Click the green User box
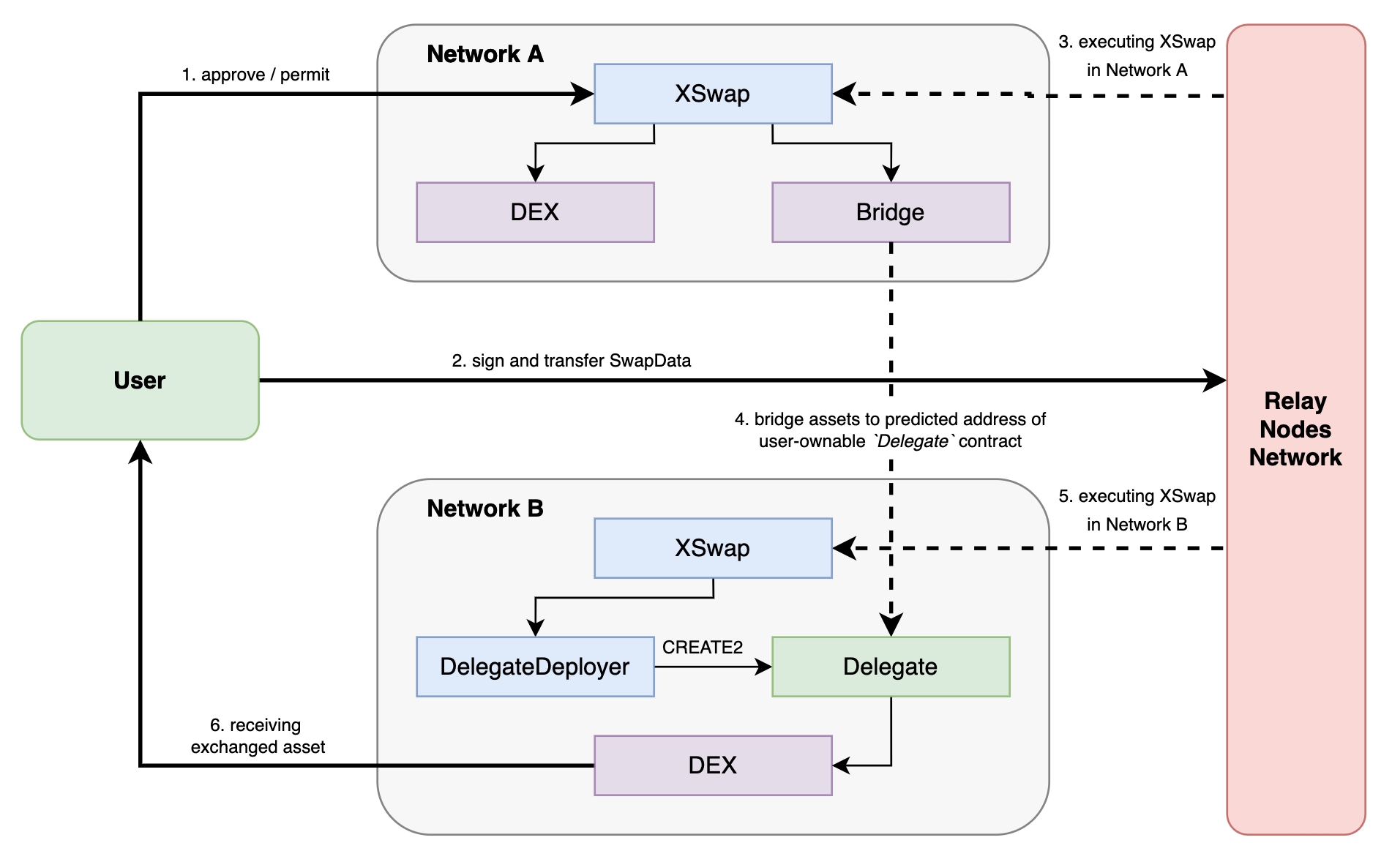coord(140,380)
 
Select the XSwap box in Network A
coord(712,94)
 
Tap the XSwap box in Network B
coord(712,548)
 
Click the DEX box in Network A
coord(534,212)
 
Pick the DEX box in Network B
coord(712,765)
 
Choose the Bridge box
coord(890,212)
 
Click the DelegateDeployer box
coord(534,667)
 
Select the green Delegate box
coord(890,667)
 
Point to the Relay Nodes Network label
coord(1295,430)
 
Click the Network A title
coord(484,54)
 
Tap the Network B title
coord(484,509)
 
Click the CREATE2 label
coord(702,648)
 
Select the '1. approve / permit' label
coord(255,75)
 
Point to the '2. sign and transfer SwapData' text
coord(571,361)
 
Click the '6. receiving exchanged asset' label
coord(257,736)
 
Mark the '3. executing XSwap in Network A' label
coord(1137,56)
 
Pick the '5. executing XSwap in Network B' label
coord(1137,510)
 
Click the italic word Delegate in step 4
coord(912,441)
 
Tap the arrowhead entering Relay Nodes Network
coord(1216,381)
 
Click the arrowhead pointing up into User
coord(140,451)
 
